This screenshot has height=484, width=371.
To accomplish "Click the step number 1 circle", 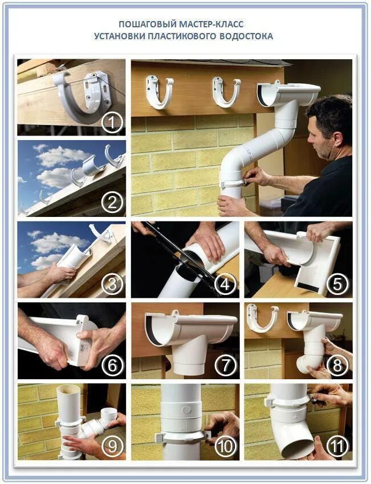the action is (x=112, y=123).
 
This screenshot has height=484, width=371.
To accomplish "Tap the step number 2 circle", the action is (x=112, y=203).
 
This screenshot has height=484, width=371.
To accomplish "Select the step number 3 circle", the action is (x=112, y=284).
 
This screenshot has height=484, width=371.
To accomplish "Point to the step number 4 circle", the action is (x=226, y=284).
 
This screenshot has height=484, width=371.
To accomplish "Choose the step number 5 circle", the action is (x=337, y=284).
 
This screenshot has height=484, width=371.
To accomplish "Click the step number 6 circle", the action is (x=112, y=366).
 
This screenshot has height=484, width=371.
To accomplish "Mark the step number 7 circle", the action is (x=226, y=366).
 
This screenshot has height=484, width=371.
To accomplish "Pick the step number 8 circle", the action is (x=337, y=366).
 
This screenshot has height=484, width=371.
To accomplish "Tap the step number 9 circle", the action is (x=112, y=446).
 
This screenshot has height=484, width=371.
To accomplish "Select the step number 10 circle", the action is (x=226, y=446).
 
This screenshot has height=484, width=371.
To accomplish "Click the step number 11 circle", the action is (x=337, y=446).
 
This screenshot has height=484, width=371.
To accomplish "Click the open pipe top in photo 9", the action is (x=68, y=388).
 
